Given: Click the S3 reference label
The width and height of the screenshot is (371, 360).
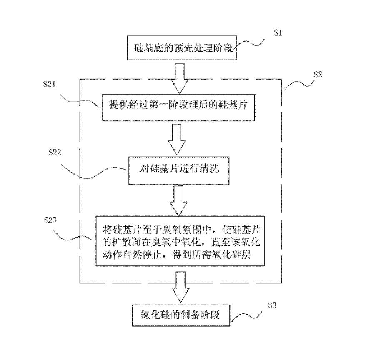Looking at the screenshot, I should [x=273, y=305].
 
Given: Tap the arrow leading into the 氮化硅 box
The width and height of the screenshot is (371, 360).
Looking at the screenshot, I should [x=180, y=287].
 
